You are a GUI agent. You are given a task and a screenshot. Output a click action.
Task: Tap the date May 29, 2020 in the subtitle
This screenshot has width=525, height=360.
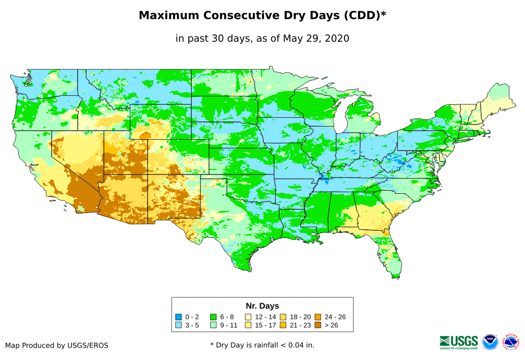(316, 38)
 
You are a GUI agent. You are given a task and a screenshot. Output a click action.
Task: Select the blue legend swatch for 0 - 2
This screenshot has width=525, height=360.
(178, 317)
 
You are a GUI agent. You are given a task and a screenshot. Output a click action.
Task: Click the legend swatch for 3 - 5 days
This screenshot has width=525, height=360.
(178, 325)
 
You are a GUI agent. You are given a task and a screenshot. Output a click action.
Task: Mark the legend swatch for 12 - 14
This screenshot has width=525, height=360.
(248, 317)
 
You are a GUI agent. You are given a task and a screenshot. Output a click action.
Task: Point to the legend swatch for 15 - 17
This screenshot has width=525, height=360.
(248, 325)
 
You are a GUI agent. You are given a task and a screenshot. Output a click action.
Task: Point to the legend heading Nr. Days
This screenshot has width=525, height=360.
(262, 306)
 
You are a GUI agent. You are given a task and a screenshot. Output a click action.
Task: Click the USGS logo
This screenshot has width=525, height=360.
(459, 342)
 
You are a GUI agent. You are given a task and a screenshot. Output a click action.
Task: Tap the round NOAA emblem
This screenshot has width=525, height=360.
(490, 342)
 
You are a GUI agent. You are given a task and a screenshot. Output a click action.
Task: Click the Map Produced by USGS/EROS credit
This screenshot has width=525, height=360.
(57, 345)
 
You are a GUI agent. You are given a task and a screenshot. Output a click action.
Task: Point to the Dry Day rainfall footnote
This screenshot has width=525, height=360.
(262, 345)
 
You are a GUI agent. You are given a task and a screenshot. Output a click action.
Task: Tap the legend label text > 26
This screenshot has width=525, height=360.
(332, 325)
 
